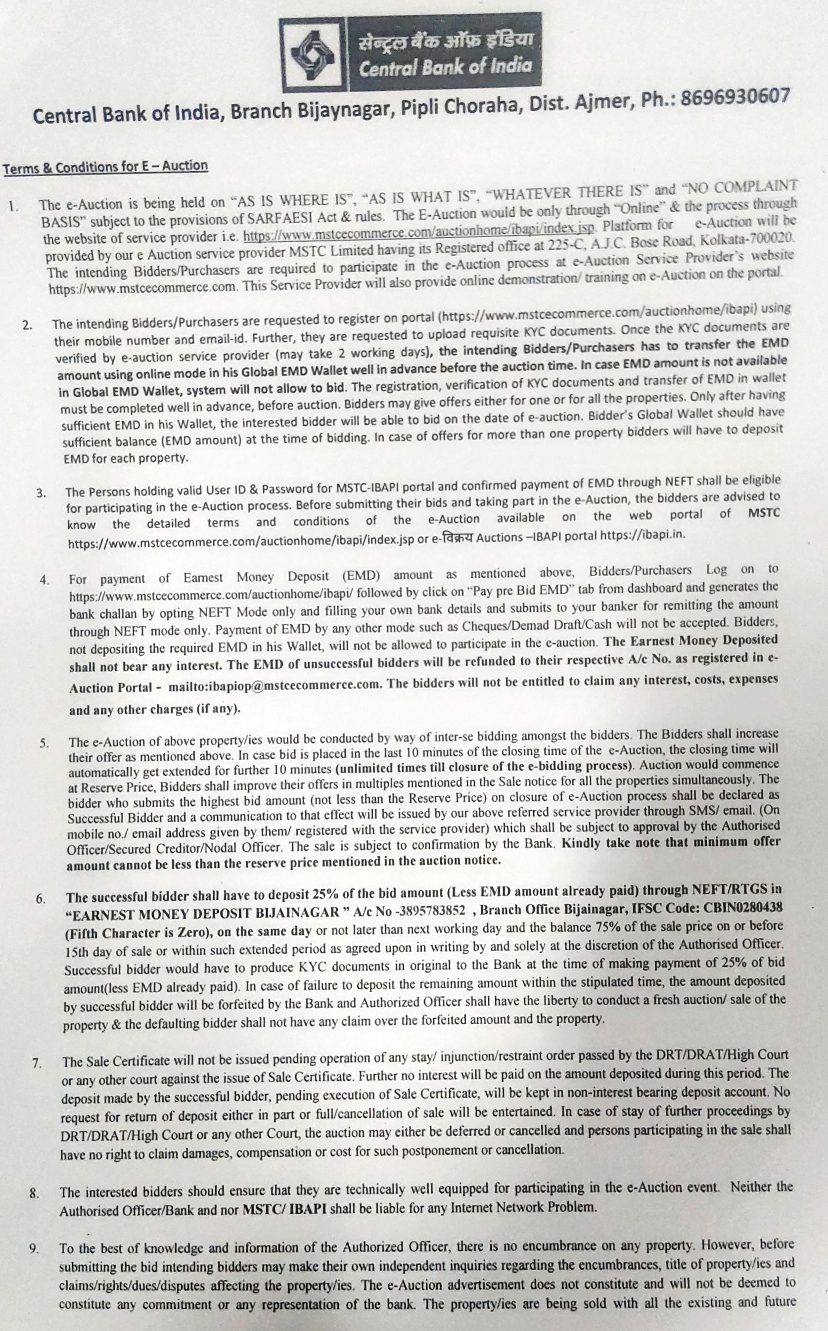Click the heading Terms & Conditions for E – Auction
106,167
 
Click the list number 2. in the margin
27,324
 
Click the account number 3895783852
433,910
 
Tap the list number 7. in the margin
37,1063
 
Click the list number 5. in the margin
44,743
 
